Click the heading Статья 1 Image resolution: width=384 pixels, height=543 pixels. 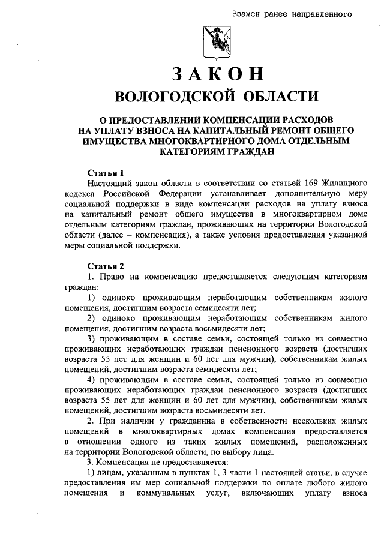pos(105,173)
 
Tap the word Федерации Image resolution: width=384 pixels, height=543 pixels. pos(182,194)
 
